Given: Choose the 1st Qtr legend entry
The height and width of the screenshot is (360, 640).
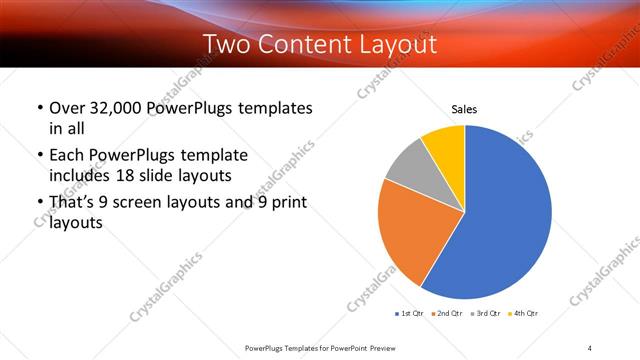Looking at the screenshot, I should (x=411, y=314).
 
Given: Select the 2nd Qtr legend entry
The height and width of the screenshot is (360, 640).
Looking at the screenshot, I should (x=446, y=314).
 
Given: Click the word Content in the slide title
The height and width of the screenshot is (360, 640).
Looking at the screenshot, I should (x=306, y=45).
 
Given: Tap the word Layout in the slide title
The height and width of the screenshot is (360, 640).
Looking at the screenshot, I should (x=395, y=45).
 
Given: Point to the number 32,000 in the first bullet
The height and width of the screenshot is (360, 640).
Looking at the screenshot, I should (x=116, y=107).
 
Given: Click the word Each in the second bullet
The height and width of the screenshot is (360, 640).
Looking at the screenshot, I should (x=65, y=155).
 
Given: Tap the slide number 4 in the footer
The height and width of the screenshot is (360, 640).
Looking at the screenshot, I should (x=590, y=347).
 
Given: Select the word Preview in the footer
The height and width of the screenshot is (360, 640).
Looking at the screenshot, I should (x=391, y=347).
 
